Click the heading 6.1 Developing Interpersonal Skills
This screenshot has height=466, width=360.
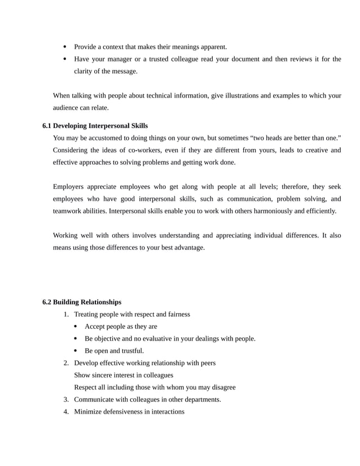tap(95, 126)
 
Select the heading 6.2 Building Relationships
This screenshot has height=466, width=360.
tap(82, 302)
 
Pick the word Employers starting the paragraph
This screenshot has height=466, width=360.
tap(69, 187)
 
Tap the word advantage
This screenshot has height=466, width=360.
tap(187, 248)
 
